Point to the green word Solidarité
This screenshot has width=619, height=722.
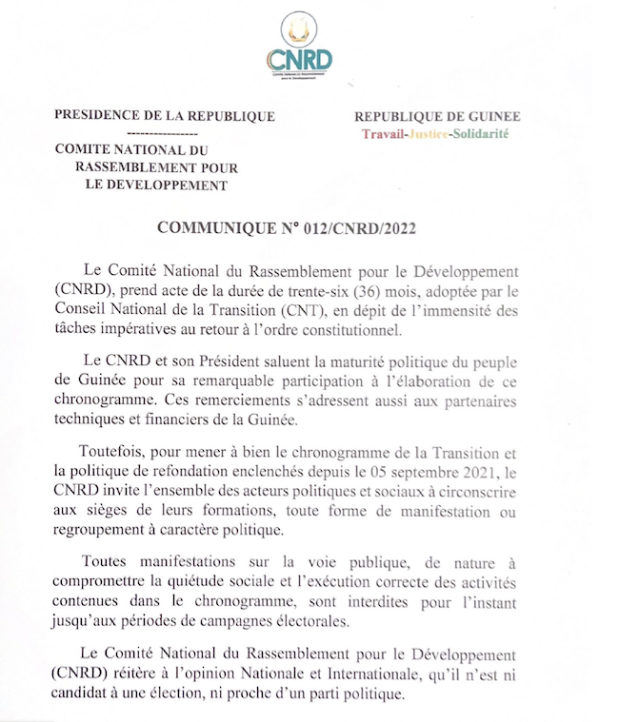(481, 134)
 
